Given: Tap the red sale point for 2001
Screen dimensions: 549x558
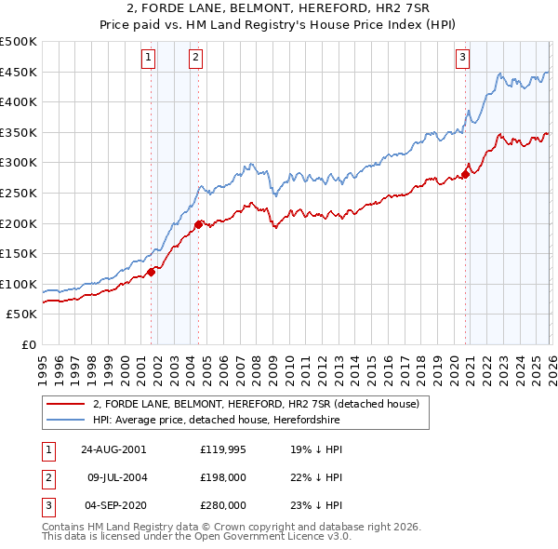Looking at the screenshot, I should [152, 272].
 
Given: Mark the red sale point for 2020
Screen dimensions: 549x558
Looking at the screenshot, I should [465, 174].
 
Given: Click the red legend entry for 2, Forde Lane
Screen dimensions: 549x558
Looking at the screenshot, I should [256, 405].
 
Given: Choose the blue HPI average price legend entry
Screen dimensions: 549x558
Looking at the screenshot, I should [217, 421].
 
